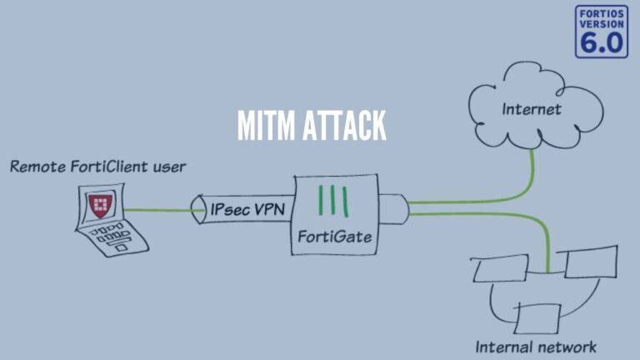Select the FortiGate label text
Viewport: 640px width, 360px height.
[x=334, y=237]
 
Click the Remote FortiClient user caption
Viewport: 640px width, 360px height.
[x=97, y=167]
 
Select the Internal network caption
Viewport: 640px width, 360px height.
[x=536, y=345]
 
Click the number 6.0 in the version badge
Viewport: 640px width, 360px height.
[x=601, y=43]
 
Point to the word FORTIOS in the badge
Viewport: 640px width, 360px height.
[x=601, y=13]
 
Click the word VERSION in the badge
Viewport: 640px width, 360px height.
[x=601, y=24]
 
